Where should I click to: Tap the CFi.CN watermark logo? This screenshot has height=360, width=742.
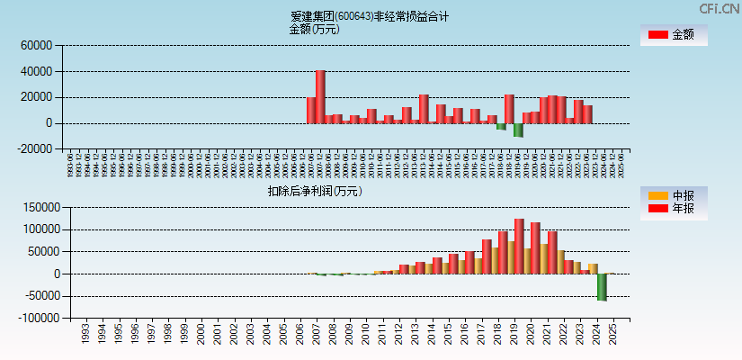[720, 8]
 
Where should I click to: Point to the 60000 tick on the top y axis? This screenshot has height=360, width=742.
[38, 45]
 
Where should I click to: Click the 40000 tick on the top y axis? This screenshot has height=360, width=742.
[38, 71]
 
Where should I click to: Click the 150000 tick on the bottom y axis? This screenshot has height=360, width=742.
[38, 207]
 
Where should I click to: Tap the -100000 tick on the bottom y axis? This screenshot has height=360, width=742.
[34, 319]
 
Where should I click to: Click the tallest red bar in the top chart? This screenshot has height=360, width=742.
[320, 96]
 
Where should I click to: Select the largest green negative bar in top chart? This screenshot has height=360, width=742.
[518, 130]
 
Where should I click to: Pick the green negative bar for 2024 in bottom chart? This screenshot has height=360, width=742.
[602, 287]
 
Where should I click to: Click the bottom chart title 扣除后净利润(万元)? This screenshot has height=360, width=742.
[314, 191]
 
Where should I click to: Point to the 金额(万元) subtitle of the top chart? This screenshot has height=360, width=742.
[314, 29]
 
